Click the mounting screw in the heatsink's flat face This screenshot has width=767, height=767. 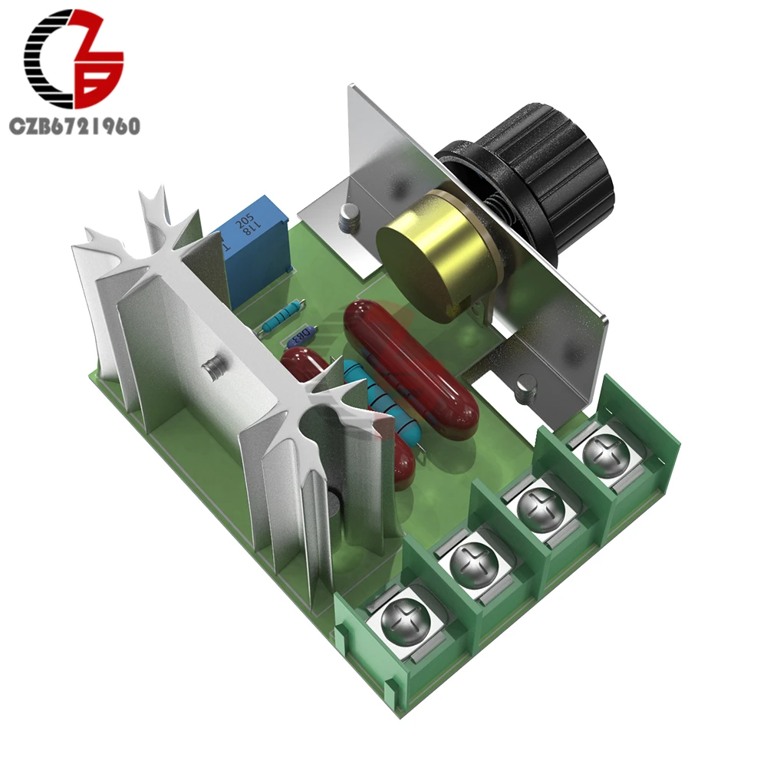pyautogui.click(x=214, y=369)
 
